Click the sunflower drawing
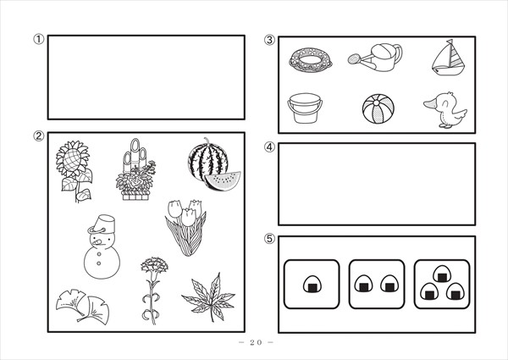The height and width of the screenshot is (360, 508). pyautogui.click(x=74, y=170)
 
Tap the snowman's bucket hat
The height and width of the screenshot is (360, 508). pyautogui.click(x=105, y=224)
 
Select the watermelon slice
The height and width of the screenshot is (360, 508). pyautogui.click(x=222, y=181)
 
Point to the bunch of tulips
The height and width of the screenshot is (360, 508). pyautogui.click(x=186, y=228)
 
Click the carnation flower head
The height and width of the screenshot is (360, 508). pyautogui.click(x=154, y=265)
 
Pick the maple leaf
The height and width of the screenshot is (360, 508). pyautogui.click(x=209, y=297)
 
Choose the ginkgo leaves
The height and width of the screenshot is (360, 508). pyautogui.click(x=83, y=307)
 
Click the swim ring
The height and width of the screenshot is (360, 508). pyautogui.click(x=311, y=59)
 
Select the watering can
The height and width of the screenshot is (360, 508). pyautogui.click(x=376, y=58)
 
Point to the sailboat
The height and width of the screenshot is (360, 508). pyautogui.click(x=449, y=58)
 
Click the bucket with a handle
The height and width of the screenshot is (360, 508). pyautogui.click(x=305, y=108)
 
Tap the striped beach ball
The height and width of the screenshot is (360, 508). pyautogui.click(x=378, y=109)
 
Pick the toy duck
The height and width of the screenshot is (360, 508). pyautogui.click(x=446, y=110)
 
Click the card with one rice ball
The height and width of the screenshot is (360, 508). pyautogui.click(x=312, y=284)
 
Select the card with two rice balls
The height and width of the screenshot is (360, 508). pyautogui.click(x=377, y=284)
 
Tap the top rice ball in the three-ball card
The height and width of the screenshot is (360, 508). pyautogui.click(x=442, y=274)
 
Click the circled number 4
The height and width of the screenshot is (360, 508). pyautogui.click(x=269, y=147)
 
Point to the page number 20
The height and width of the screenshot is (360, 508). pyautogui.click(x=256, y=342)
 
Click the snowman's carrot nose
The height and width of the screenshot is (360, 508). pyautogui.click(x=97, y=241)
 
